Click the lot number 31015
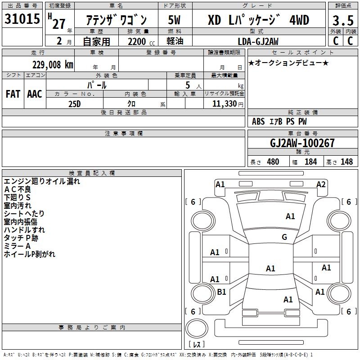point(22,19)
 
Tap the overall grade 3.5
point(343,20)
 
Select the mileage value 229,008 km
point(53,65)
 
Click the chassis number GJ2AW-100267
point(302,143)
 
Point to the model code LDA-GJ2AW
point(258,41)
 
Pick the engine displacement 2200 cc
point(141,41)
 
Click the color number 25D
point(75,104)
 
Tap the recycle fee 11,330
point(224,104)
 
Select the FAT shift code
point(13,94)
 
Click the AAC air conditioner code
point(35,94)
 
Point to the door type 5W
point(174,20)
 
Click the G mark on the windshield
point(284,237)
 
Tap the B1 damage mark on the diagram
point(221,292)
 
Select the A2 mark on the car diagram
point(321,184)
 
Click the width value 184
point(310,162)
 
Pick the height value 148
point(346,162)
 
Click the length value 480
point(273,162)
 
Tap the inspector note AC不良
point(18,189)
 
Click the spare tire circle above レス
point(197,328)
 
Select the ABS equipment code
point(258,121)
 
